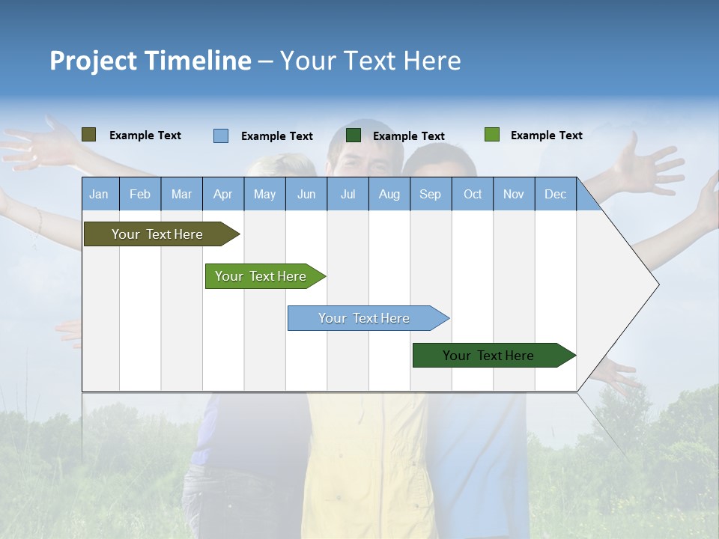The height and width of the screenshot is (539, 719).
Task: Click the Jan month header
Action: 99,195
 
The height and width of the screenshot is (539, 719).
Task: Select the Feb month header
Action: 140,195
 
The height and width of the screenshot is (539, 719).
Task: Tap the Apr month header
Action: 222,195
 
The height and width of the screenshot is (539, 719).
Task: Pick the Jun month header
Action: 306,195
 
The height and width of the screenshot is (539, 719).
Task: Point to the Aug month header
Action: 389,195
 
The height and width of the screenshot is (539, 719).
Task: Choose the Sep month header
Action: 430,195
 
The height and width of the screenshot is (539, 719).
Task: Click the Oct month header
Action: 473,195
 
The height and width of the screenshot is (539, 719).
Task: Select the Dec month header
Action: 555,195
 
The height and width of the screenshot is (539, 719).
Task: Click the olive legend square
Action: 88,135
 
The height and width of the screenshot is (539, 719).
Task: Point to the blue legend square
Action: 220,135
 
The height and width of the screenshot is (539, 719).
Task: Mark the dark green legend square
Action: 354,135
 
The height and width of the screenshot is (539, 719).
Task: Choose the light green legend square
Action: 491,135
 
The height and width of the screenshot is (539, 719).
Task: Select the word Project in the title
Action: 93,61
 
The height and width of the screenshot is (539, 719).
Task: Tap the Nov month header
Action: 514,195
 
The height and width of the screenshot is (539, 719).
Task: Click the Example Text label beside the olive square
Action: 145,135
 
